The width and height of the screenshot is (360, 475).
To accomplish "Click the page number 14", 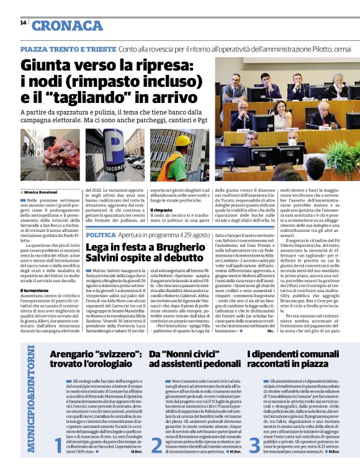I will tap(23, 23).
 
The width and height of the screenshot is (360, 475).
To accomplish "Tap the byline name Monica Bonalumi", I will tap(43, 193).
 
